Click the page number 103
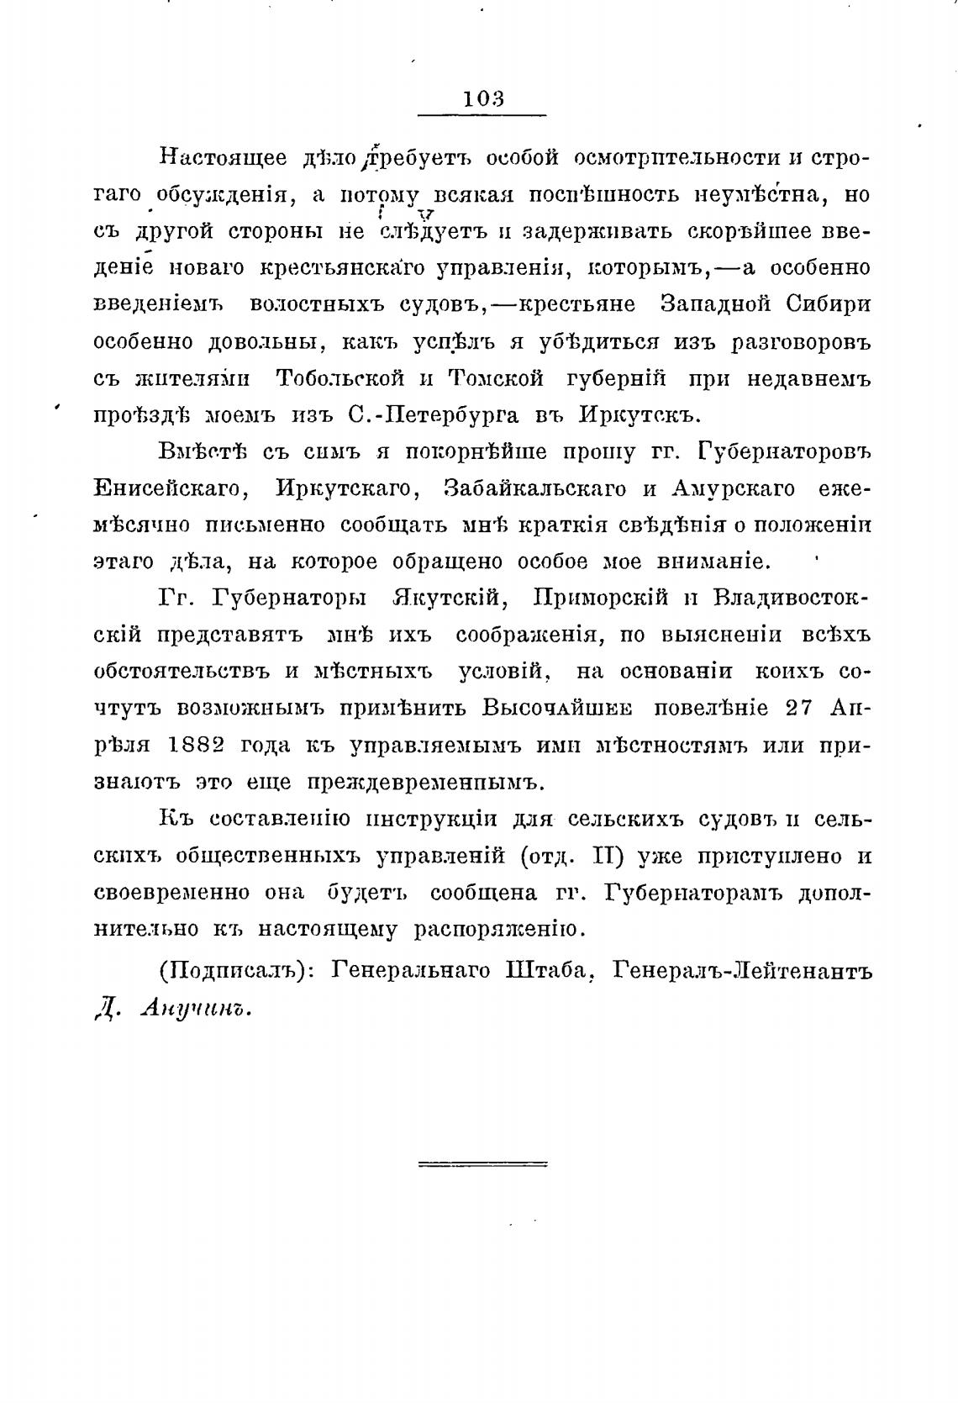(483, 98)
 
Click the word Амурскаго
(721, 488)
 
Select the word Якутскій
(450, 599)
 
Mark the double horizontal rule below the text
(482, 1164)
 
